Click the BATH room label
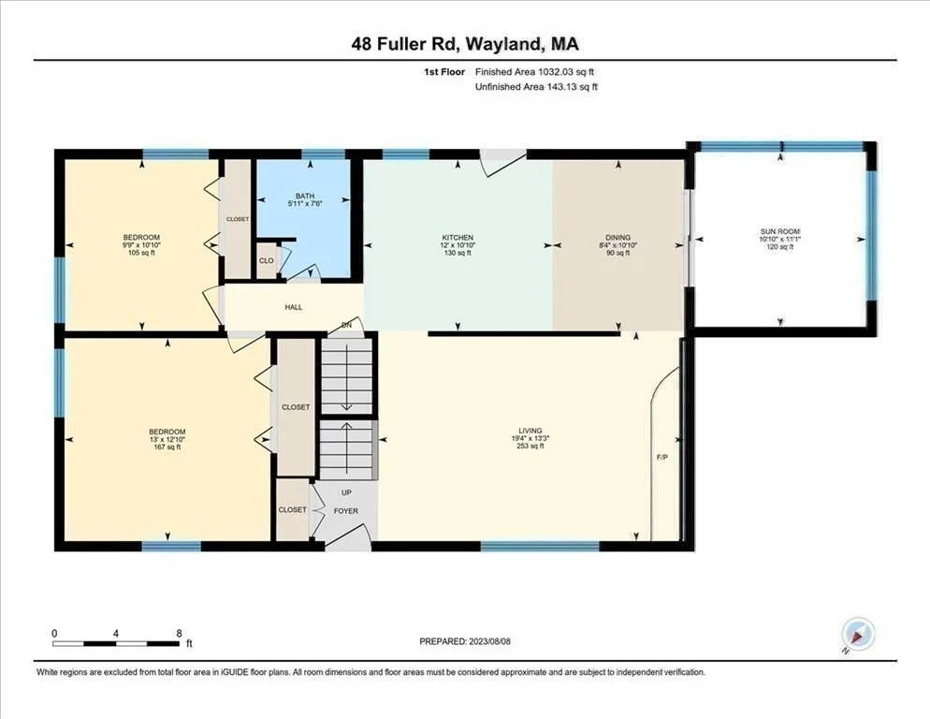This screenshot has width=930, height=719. pyautogui.click(x=305, y=196)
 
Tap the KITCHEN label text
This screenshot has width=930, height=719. pyautogui.click(x=458, y=238)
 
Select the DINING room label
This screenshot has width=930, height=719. pyautogui.click(x=618, y=238)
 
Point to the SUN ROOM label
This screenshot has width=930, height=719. pyautogui.click(x=780, y=231)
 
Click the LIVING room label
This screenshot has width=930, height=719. pyautogui.click(x=530, y=431)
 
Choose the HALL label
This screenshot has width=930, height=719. pyautogui.click(x=294, y=307)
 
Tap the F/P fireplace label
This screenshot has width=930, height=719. pyautogui.click(x=661, y=457)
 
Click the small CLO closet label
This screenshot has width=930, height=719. pyautogui.click(x=267, y=260)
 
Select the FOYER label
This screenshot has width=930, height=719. pyautogui.click(x=346, y=510)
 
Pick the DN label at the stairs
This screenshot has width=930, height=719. pyautogui.click(x=347, y=326)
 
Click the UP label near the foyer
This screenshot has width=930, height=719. pyautogui.click(x=346, y=492)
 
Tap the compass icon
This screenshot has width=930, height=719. pyautogui.click(x=858, y=634)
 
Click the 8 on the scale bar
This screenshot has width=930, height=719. pyautogui.click(x=179, y=634)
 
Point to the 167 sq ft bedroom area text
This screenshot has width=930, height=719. pyautogui.click(x=167, y=447)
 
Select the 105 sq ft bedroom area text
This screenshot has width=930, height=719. pyautogui.click(x=141, y=253)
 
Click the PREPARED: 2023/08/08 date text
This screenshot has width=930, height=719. pyautogui.click(x=465, y=641)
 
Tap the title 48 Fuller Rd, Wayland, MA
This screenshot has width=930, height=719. pyautogui.click(x=465, y=44)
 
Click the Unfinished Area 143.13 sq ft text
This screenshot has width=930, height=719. pyautogui.click(x=537, y=87)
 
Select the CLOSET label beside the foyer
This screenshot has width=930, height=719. pyautogui.click(x=293, y=509)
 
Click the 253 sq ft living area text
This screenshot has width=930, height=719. pyautogui.click(x=530, y=446)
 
